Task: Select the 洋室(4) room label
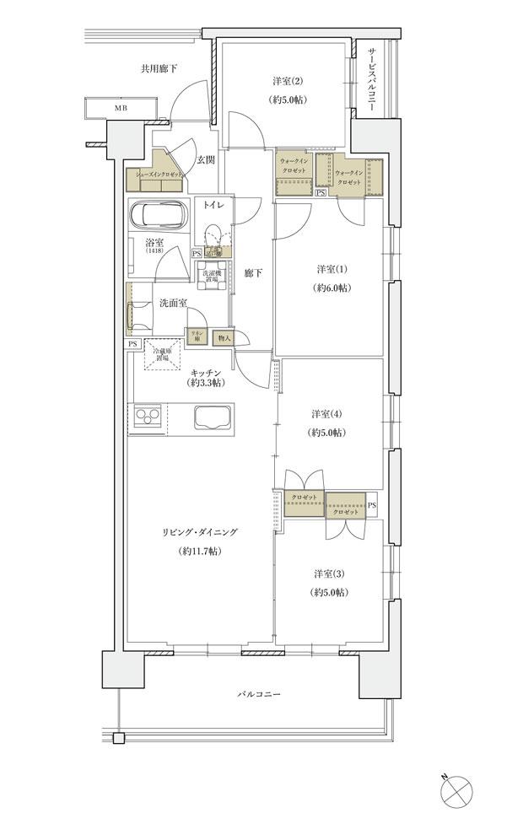pyautogui.click(x=325, y=414)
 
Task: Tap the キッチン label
pyautogui.click(x=205, y=372)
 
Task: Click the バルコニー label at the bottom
pyautogui.click(x=257, y=694)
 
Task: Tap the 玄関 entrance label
pyautogui.click(x=206, y=159)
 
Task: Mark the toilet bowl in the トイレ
pyautogui.click(x=212, y=234)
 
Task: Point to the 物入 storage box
pyautogui.click(x=224, y=337)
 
